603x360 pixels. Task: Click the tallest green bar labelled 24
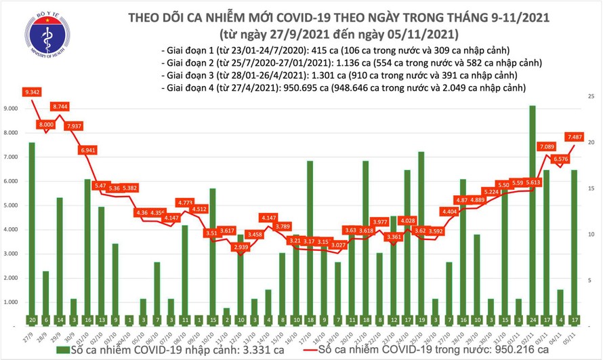tap(532, 203)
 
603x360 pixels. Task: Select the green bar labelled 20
tap(32, 224)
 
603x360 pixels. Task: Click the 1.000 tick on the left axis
tap(12, 302)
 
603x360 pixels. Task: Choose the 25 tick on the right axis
tap(591, 97)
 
